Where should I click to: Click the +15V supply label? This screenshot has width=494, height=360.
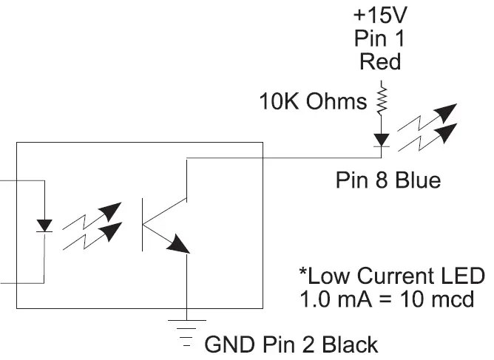(x=380, y=16)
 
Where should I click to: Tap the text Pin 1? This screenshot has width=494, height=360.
(x=380, y=38)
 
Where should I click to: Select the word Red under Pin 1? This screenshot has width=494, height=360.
(x=380, y=61)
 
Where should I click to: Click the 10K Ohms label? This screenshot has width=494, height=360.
(x=313, y=101)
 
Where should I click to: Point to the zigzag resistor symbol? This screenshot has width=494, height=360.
(x=382, y=101)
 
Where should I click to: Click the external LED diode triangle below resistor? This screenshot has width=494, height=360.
(x=382, y=140)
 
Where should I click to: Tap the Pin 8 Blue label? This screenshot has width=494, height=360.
(x=388, y=180)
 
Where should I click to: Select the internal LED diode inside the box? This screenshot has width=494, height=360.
(x=45, y=225)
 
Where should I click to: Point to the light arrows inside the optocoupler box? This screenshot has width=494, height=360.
(x=92, y=225)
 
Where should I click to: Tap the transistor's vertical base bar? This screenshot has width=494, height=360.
(x=143, y=224)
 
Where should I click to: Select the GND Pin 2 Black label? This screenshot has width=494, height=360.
(x=291, y=344)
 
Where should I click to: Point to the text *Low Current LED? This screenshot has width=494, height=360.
(x=391, y=276)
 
